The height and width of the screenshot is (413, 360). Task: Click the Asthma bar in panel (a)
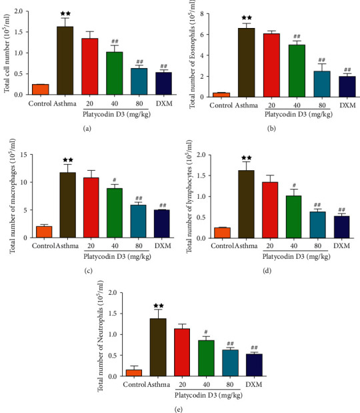click(65, 61)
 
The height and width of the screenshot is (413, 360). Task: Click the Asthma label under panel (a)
click(65, 104)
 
